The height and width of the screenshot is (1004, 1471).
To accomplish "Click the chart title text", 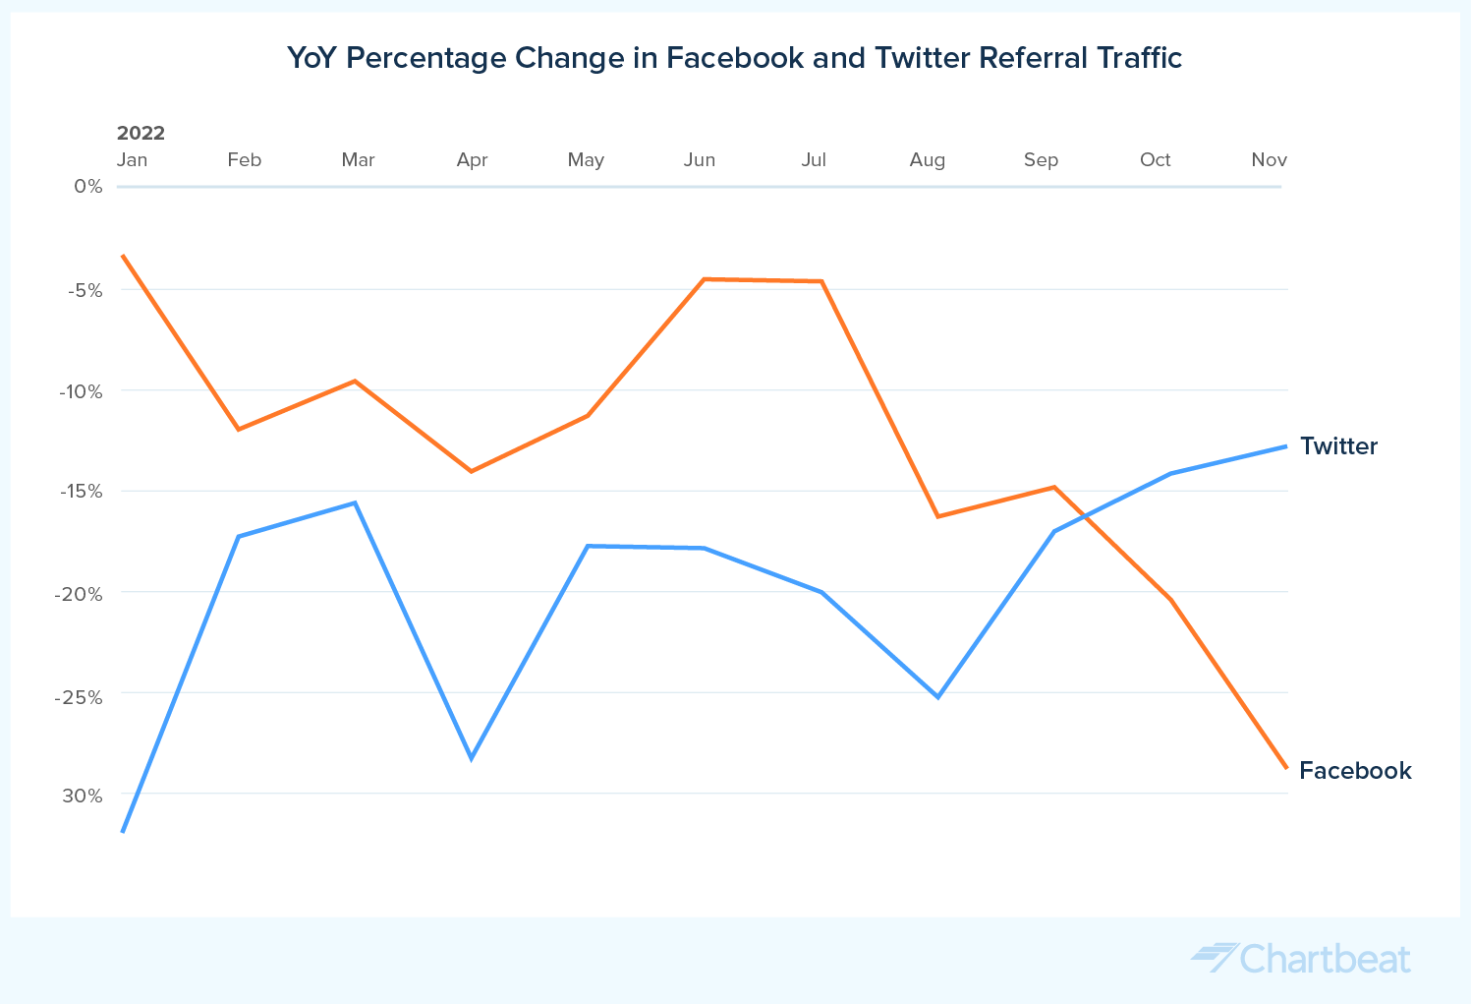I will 734,58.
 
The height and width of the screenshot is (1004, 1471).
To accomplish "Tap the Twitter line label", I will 1338,446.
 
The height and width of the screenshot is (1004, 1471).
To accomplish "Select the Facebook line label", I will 1355,771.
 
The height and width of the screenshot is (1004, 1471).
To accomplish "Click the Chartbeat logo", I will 1301,958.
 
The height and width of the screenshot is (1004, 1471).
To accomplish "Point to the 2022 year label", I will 141,133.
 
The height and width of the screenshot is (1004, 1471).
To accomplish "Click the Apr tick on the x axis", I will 472,160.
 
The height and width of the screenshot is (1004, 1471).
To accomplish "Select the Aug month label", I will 927,160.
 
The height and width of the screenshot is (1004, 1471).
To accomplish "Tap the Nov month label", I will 1269,160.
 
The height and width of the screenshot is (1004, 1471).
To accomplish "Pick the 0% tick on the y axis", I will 88,186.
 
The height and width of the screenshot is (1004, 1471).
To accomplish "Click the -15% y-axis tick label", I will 82,491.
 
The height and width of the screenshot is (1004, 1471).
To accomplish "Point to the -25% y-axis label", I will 82,697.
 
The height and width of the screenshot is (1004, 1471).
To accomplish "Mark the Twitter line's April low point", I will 472,758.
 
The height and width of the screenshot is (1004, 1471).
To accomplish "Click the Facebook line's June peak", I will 705,279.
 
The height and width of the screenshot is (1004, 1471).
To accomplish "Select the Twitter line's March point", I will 355,502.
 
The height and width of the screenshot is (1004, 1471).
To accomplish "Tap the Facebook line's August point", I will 938,516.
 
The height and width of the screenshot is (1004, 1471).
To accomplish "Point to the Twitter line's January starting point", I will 123,831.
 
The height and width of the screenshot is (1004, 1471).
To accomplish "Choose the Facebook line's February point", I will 238,430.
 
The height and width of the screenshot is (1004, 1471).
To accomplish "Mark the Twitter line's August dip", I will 938,696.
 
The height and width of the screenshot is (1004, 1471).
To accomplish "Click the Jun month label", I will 700,160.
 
